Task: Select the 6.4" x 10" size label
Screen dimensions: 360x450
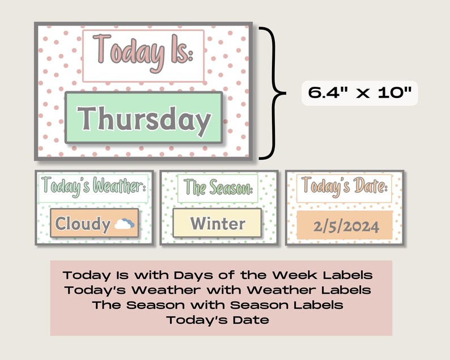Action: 360,91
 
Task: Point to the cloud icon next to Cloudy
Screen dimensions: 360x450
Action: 124,224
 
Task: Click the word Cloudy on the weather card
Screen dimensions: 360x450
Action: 83,224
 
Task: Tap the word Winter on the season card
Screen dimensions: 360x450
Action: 218,224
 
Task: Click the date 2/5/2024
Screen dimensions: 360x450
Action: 345,227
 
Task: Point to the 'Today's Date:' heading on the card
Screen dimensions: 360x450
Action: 345,186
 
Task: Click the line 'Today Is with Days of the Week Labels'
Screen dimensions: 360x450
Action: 218,276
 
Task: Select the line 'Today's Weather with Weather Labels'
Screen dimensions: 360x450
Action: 218,290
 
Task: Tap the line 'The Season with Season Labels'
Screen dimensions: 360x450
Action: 218,305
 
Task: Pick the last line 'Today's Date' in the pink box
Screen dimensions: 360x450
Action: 218,320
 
